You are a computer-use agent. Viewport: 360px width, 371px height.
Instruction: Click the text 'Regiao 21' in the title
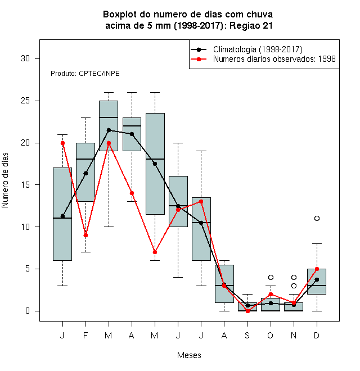tap(251, 25)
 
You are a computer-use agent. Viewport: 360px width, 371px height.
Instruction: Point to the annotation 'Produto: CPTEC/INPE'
tap(85, 74)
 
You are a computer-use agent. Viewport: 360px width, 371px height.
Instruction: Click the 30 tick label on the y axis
tap(25, 58)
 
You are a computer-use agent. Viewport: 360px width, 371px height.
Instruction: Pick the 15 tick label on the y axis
tap(25, 185)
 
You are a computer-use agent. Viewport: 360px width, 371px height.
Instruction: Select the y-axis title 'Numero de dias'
tap(5, 180)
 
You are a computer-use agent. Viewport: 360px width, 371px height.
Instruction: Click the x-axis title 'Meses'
tap(189, 355)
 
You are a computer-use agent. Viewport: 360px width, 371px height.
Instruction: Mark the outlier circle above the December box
tap(317, 219)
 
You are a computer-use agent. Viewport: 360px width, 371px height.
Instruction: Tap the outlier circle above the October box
tap(271, 277)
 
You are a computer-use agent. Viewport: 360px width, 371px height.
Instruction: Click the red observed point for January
tap(62, 143)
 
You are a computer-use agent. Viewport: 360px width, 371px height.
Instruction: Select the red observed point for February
tap(85, 236)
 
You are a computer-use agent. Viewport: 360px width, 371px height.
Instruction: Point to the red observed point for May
tap(155, 252)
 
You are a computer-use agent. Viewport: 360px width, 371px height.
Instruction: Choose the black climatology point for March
tap(109, 130)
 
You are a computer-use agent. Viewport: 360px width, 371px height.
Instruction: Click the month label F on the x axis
tap(85, 335)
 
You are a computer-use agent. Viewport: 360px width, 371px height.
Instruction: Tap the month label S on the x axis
tap(247, 335)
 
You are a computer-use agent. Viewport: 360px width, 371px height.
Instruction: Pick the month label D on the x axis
tap(317, 335)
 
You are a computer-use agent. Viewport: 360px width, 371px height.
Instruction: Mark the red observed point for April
tap(132, 193)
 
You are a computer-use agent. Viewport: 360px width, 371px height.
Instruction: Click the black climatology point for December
tap(317, 280)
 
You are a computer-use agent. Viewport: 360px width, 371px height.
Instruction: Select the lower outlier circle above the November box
tap(294, 286)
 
